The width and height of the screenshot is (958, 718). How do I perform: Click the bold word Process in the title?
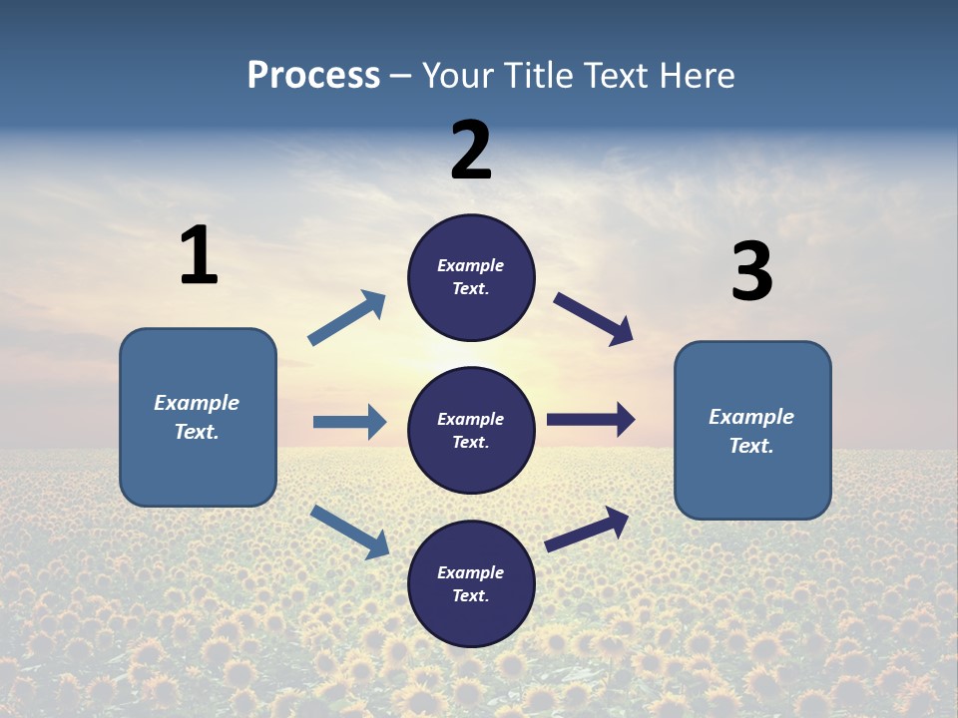pyautogui.click(x=313, y=76)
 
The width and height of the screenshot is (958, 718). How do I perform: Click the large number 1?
pyautogui.click(x=199, y=255)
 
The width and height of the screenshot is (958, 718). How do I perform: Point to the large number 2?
pyautogui.click(x=471, y=150)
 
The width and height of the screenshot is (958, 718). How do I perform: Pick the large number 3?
pyautogui.click(x=751, y=271)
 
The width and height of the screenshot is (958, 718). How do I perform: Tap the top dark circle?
pyautogui.click(x=471, y=277)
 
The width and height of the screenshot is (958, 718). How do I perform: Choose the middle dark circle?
pyautogui.click(x=471, y=430)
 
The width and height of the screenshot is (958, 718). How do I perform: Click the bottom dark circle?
pyautogui.click(x=471, y=583)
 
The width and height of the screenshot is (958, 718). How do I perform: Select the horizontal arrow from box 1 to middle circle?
pyautogui.click(x=349, y=422)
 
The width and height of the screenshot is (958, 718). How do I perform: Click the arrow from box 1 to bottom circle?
pyautogui.click(x=350, y=532)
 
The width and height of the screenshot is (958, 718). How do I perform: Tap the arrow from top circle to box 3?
pyautogui.click(x=594, y=319)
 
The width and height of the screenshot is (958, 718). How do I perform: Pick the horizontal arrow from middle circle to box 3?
pyautogui.click(x=591, y=420)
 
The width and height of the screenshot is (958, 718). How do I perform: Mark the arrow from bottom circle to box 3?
pyautogui.click(x=587, y=530)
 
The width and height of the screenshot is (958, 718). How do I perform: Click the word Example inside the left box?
pyautogui.click(x=197, y=403)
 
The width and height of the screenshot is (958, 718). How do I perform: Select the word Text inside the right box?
pyautogui.click(x=750, y=446)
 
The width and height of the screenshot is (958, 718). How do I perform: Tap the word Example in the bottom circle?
pyautogui.click(x=470, y=572)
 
